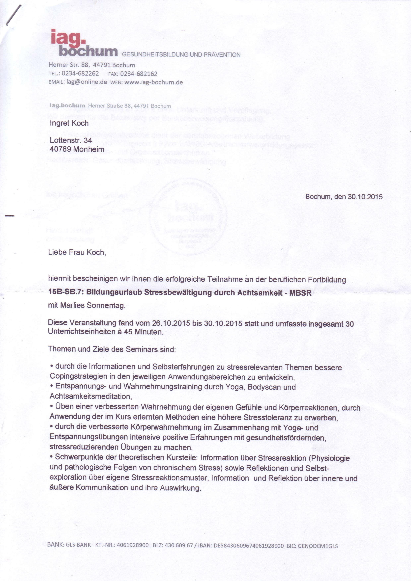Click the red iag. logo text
point(68,37)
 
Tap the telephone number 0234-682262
point(80,74)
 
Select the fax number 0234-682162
point(139,74)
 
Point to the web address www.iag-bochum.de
point(153,82)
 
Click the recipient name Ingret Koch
point(69,123)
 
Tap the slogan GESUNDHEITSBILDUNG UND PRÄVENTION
point(181,55)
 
